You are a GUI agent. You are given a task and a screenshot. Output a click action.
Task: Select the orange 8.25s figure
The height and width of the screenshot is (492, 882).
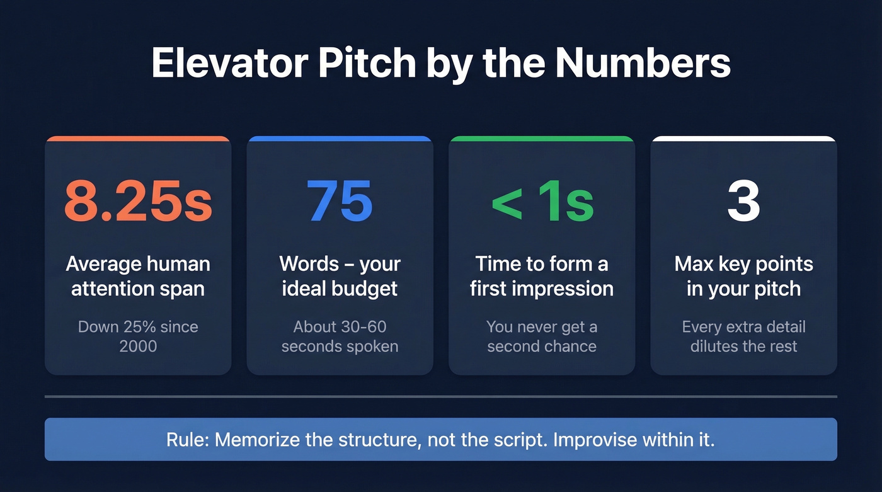[138, 202]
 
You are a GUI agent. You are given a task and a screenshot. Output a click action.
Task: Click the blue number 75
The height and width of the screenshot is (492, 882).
[340, 202]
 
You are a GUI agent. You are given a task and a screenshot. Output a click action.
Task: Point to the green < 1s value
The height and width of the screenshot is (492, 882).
[542, 202]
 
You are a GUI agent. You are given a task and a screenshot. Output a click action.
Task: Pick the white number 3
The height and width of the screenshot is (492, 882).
[743, 202]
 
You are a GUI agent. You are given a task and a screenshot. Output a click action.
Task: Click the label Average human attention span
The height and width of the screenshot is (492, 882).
[138, 276]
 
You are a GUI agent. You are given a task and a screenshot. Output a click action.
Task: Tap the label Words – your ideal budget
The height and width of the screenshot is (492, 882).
[340, 276]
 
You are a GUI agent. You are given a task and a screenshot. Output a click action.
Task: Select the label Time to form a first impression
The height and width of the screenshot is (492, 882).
[542, 276]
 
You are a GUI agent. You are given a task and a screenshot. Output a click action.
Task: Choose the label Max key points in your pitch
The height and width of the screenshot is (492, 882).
[743, 276]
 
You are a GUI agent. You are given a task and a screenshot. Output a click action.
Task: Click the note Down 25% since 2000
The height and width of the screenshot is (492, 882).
[138, 336]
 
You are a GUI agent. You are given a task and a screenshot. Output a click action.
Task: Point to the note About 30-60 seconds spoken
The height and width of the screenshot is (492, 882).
[340, 336]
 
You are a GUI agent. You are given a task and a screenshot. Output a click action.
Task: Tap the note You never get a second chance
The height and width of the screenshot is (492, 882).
[542, 336]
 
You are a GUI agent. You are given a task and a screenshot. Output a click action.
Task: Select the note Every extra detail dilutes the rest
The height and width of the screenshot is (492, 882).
[743, 336]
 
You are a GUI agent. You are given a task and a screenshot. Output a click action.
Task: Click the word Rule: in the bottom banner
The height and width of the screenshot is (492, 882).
[188, 440]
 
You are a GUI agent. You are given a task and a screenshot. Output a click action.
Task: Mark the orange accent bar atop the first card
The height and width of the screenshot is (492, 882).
[138, 139]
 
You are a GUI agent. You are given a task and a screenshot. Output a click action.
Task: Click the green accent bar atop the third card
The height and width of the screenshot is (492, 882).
[542, 139]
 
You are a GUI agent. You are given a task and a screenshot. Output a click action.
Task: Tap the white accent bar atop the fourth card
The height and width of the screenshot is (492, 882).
[743, 139]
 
